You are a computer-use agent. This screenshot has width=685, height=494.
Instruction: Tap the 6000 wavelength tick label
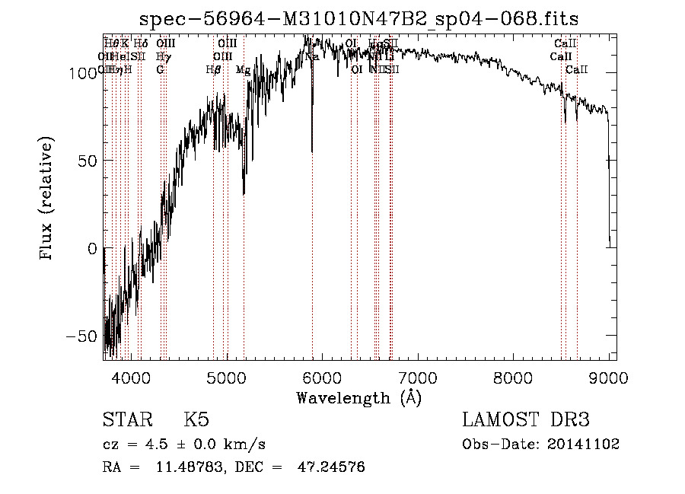(323, 378)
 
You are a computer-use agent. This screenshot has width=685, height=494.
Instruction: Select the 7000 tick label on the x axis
(419, 378)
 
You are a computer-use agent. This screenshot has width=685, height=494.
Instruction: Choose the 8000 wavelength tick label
(515, 378)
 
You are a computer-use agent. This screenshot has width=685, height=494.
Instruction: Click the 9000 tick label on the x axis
(609, 378)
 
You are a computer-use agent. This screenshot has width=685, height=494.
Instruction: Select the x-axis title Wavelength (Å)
(358, 397)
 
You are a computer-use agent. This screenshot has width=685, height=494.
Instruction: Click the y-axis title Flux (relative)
(47, 200)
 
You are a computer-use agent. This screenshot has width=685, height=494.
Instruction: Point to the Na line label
(312, 56)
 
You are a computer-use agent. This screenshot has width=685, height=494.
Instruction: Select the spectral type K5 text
(196, 420)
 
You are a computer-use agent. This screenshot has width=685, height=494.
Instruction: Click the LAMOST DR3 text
(526, 420)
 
